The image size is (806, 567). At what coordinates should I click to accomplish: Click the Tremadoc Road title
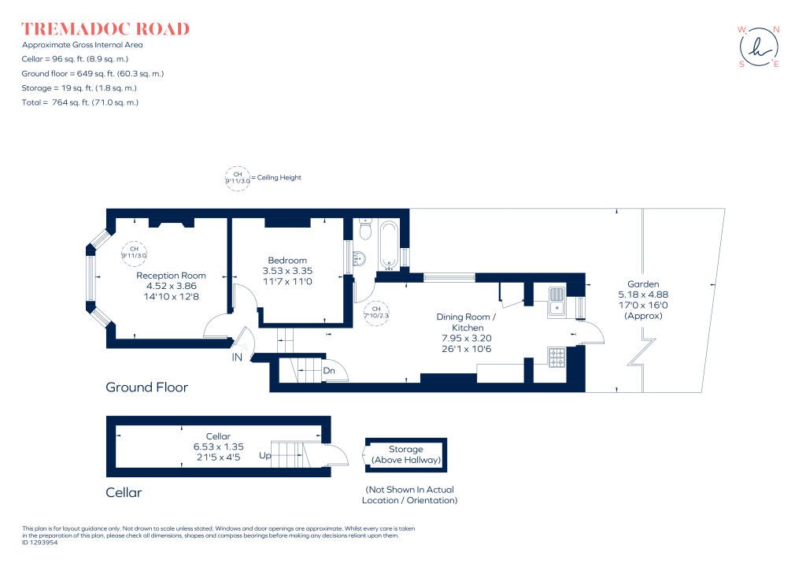[x=105, y=29]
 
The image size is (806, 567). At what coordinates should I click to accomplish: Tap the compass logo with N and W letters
[x=759, y=46]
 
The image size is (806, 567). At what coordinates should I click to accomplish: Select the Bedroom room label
[x=287, y=261]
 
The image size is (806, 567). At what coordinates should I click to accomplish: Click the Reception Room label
[x=171, y=276]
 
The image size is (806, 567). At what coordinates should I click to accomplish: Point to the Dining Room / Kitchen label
[x=466, y=322]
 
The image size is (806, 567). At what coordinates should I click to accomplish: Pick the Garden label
[x=643, y=284]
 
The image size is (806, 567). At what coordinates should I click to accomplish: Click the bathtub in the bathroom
[x=389, y=245]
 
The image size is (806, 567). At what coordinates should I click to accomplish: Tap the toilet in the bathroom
[x=365, y=229]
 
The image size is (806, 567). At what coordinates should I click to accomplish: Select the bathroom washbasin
[x=359, y=258]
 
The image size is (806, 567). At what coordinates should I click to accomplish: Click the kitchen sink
[x=556, y=301]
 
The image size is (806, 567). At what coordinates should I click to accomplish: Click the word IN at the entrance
[x=237, y=357]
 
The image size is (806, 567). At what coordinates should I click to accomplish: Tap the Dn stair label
[x=329, y=370]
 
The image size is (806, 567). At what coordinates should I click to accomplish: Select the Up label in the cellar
[x=264, y=455]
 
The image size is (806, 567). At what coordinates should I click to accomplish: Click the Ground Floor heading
[x=147, y=387]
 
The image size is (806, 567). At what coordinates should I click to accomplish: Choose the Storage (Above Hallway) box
[x=406, y=455]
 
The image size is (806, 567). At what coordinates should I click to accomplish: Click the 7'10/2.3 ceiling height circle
[x=376, y=313]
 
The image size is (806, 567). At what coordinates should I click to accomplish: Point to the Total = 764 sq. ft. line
[x=80, y=102]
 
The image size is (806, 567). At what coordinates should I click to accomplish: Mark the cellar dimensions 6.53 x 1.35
[x=219, y=447]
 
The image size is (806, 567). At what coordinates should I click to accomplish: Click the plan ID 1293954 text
[x=40, y=543]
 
